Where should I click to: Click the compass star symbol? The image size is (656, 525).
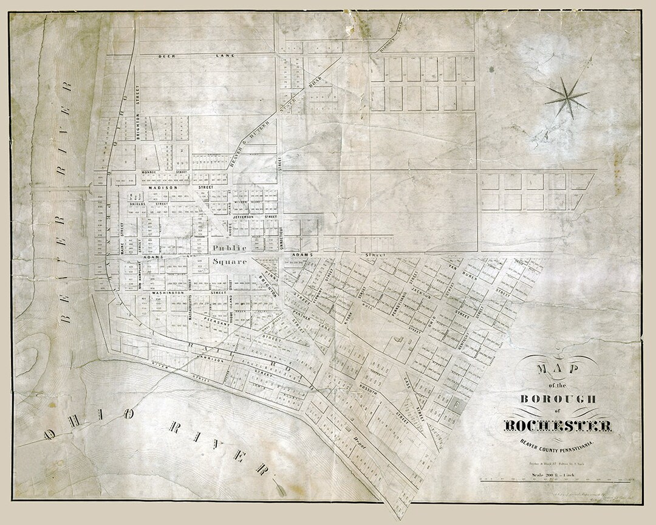tap(566, 98)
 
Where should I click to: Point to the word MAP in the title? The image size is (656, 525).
tap(556, 372)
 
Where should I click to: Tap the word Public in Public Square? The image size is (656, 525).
tap(229, 248)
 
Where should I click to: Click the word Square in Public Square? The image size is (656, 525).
tap(229, 262)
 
